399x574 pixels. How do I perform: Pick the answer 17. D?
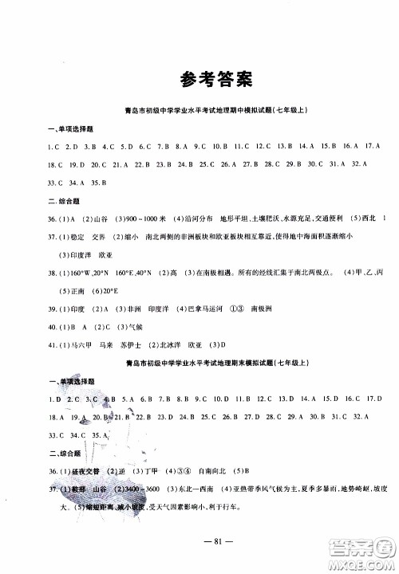(369, 399)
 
